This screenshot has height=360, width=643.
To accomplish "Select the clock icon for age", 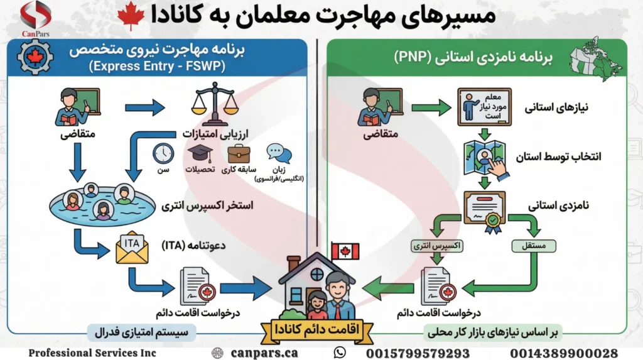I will tap(163, 153).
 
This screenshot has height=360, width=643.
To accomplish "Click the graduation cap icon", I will tap(200, 153).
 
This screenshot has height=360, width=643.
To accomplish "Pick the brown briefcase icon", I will tap(239, 153).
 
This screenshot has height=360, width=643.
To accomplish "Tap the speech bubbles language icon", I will tap(278, 153).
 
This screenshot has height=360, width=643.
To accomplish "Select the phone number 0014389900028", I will tap(563, 353).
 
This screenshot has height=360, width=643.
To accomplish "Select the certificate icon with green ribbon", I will tap(485, 210).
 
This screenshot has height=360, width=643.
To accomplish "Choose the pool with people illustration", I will tap(99, 202).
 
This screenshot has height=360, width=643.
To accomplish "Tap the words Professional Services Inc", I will tap(92, 353).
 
